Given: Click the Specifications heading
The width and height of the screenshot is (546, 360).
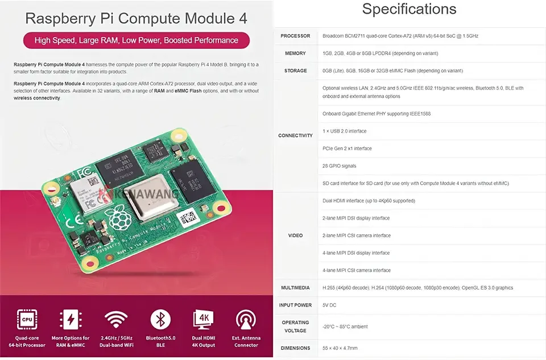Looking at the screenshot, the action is [409, 9].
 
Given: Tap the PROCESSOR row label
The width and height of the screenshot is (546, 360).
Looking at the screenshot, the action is [295, 36].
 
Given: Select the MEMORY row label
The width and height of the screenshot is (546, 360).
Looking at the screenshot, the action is [295, 53].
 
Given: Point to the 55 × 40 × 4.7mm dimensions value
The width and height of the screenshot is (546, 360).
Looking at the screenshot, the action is [340, 348].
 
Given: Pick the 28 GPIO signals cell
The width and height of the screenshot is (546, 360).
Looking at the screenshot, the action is [340, 166].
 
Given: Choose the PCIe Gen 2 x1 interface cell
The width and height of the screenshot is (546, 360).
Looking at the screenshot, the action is [347, 148].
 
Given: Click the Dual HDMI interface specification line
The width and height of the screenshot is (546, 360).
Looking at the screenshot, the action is [369, 201].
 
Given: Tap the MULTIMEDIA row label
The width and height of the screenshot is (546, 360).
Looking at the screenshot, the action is [295, 288].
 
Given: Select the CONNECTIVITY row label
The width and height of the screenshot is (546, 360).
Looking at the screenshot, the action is [295, 135].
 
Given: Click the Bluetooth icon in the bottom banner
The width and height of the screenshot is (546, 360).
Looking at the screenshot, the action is [160, 319].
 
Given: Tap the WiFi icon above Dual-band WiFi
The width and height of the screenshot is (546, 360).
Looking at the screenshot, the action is [116, 319].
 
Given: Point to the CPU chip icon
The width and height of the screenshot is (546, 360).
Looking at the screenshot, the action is [27, 319].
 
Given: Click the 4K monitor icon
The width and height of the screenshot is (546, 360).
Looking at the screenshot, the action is [204, 319].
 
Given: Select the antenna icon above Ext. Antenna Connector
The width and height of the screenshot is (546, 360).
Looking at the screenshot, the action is [246, 319].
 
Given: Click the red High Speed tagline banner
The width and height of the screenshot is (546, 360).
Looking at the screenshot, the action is [136, 40].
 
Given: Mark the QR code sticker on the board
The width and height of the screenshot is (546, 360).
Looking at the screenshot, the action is [188, 217].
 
